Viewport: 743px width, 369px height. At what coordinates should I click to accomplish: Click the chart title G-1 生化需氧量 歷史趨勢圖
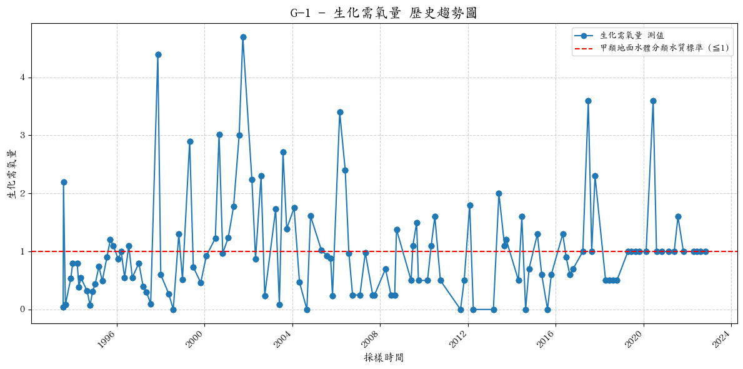pos(384,13)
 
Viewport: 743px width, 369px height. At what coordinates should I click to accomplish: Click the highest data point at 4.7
pos(243,37)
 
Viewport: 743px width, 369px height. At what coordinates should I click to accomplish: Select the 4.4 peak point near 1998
pos(158,54)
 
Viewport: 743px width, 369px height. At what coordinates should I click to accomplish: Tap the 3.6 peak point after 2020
pos(653,101)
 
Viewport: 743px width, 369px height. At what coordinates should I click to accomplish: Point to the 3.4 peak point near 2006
pos(340,112)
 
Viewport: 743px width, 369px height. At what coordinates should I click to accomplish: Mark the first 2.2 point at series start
pos(64,182)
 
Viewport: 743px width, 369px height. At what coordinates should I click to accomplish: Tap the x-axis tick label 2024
pos(723,338)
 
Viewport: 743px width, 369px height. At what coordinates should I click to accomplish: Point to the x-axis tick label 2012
pos(459,338)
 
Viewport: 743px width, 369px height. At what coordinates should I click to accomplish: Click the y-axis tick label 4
pos(24,78)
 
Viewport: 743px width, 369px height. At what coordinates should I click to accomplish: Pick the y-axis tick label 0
pos(24,310)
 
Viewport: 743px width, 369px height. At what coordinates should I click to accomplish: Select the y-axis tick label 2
pos(24,193)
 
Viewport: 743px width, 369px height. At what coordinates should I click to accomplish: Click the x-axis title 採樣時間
pos(384,358)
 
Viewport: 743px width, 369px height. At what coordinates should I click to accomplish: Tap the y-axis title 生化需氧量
pos(12,174)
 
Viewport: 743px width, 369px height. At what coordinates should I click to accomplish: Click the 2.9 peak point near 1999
pos(190,141)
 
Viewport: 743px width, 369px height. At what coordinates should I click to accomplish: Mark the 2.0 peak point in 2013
pos(499,193)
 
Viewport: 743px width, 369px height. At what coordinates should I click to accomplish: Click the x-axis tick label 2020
pos(635,338)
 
